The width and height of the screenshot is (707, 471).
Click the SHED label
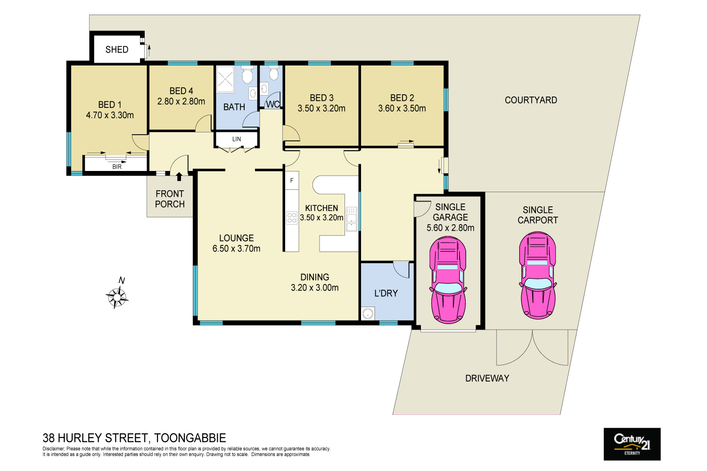(x=116, y=49)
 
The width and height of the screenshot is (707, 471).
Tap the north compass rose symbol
(x=117, y=297)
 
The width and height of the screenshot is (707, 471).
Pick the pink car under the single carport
(x=537, y=275)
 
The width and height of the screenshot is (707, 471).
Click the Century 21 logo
(x=632, y=444)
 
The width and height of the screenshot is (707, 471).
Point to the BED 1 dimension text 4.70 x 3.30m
(x=110, y=115)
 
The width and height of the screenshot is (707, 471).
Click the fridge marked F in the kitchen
(x=292, y=181)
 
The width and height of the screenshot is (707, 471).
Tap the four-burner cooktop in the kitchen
(x=292, y=218)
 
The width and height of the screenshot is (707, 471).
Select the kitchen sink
(x=352, y=219)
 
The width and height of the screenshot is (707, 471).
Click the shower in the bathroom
(x=225, y=79)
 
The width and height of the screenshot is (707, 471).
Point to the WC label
(x=273, y=104)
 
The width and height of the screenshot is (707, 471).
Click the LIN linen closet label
(x=237, y=139)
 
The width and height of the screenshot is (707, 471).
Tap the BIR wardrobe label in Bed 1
(x=117, y=167)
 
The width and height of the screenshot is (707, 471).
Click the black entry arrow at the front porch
(x=179, y=177)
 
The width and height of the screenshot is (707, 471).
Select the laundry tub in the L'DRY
(x=368, y=313)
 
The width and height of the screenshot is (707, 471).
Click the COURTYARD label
(x=531, y=100)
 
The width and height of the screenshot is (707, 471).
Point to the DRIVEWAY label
(x=487, y=378)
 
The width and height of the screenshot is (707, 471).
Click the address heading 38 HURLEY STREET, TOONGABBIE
(x=134, y=438)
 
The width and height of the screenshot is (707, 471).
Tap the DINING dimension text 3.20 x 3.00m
(x=314, y=288)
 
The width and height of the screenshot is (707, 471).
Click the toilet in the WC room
(x=274, y=73)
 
